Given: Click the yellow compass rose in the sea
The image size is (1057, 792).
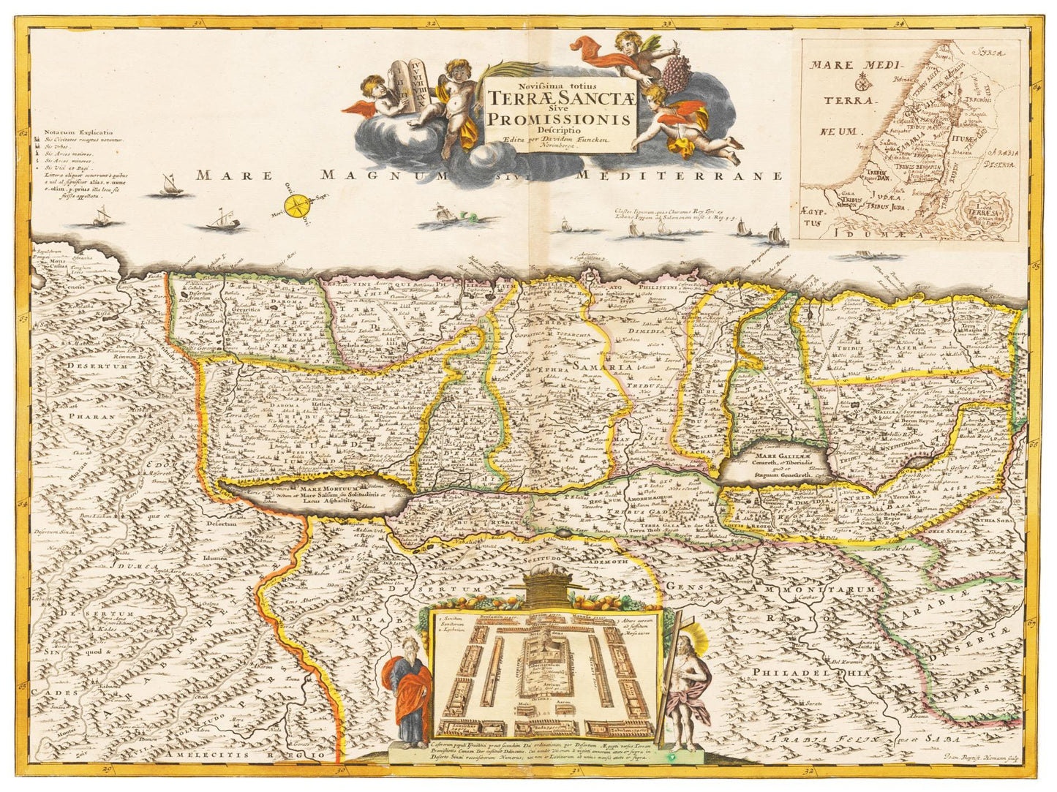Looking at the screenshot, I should pyautogui.click(x=298, y=205).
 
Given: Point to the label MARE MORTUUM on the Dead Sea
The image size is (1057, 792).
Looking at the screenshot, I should pyautogui.click(x=321, y=488).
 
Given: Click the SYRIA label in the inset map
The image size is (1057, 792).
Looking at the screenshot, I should pyautogui.click(x=992, y=53).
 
